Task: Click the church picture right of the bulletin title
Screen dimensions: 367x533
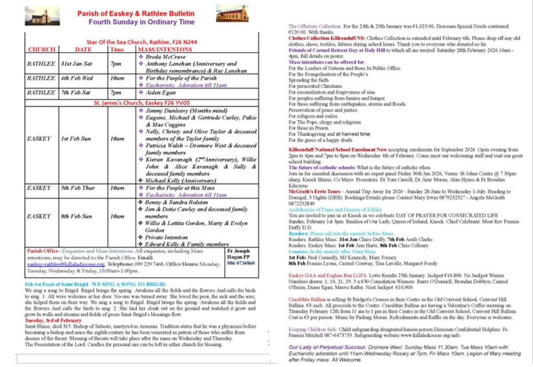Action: [x=232, y=14]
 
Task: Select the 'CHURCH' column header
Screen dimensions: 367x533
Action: [x=42, y=50]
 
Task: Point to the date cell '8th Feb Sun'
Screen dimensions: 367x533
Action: [x=77, y=216]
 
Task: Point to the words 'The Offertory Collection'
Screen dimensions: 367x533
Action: [x=315, y=26]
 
